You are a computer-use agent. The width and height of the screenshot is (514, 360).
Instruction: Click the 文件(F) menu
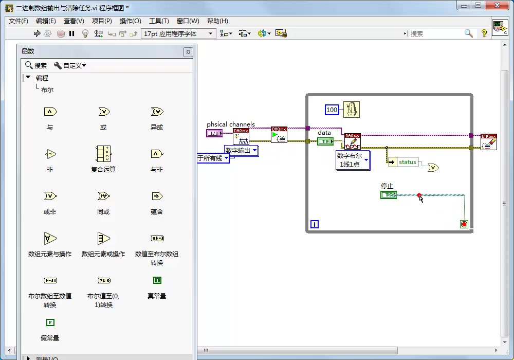point(19,21)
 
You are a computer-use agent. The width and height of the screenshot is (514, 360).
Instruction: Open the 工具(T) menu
point(159,21)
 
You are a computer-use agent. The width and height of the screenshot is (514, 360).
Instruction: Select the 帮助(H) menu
point(217,21)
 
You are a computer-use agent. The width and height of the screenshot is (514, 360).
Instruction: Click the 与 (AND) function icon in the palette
point(50,112)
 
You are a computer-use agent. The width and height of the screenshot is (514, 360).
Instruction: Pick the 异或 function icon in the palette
point(157,112)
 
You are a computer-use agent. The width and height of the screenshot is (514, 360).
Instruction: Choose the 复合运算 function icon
point(103,154)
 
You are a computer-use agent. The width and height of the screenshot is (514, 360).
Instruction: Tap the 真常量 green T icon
point(157,280)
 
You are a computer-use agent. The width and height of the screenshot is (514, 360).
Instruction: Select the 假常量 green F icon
point(50,322)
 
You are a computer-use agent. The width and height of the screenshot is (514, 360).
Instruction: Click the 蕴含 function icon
point(157,196)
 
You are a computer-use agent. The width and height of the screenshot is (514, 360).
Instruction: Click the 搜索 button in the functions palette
point(36,65)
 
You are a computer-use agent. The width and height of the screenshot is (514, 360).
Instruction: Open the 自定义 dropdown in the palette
point(70,65)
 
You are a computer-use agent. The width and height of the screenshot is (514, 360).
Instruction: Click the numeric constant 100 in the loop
point(332,110)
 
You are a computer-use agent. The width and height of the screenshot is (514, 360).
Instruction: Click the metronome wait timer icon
point(352,110)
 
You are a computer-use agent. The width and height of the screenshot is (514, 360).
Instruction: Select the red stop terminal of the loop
point(464,224)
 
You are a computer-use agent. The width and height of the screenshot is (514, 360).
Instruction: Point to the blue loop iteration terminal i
point(315,224)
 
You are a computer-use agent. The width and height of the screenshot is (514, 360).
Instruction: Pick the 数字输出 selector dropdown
point(241,150)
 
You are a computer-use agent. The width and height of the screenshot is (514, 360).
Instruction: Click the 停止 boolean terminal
point(388,195)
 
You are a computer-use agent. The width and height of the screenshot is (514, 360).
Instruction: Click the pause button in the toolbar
point(72,33)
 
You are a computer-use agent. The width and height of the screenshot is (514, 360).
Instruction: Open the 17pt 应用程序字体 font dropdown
point(178,33)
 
